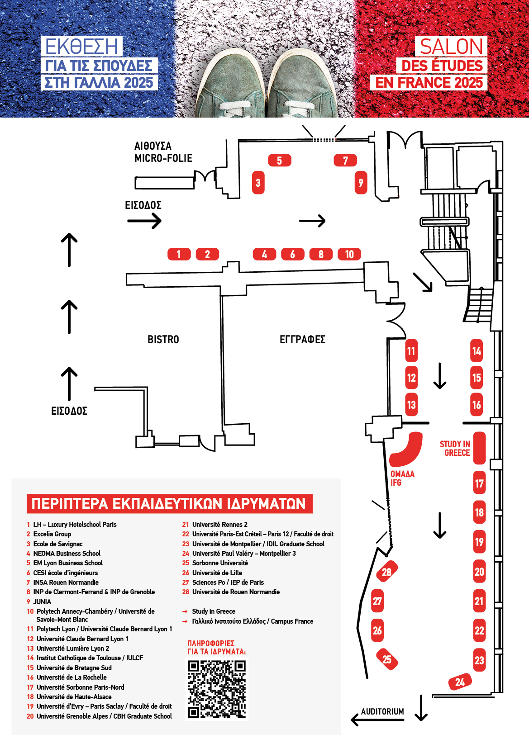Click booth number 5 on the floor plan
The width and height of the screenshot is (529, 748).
coord(280,161)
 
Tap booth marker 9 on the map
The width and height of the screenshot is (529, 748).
coord(361,183)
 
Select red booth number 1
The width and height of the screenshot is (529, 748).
coord(179,254)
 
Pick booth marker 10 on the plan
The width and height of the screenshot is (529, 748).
coord(349,254)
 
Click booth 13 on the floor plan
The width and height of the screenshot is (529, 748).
coord(411,404)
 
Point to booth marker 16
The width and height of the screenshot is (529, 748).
coord(477,404)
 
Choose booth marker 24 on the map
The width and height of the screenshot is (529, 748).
coord(460,682)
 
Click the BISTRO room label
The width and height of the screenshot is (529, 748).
coord(163,340)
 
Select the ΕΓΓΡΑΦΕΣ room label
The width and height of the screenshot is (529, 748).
coord(302,340)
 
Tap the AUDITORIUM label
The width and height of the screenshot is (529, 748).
coord(382,711)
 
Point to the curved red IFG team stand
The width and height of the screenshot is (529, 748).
coord(407,450)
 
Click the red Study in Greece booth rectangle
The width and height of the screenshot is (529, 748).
coord(479,448)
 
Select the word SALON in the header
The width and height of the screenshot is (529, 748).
coord(451,47)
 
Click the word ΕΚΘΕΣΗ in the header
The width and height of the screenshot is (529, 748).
coord(81,47)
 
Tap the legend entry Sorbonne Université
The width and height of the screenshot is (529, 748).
coord(220,563)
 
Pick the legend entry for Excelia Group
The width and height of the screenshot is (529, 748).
coord(52,534)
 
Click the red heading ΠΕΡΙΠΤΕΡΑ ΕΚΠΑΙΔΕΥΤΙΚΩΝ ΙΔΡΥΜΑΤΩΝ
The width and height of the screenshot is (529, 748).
coord(169,504)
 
